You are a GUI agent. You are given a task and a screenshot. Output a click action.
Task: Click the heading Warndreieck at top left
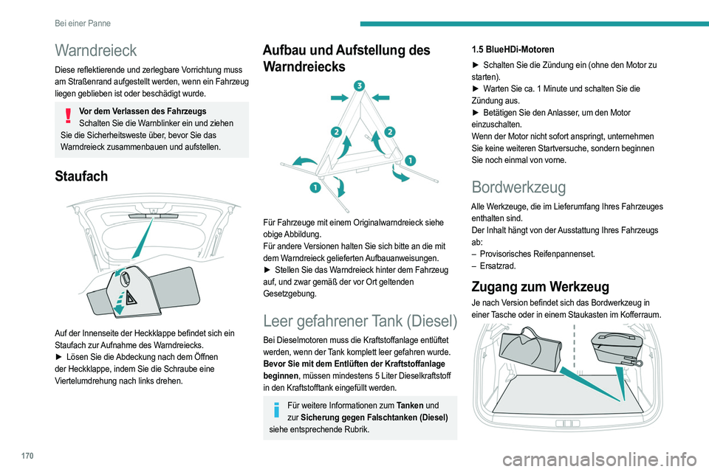(x=95, y=51)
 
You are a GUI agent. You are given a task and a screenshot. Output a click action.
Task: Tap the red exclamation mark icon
(x=68, y=116)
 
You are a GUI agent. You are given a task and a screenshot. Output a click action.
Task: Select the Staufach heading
(x=81, y=176)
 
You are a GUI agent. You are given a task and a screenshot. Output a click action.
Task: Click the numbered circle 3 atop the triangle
(x=359, y=86)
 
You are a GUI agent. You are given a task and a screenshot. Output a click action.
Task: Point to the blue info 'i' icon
(x=276, y=409)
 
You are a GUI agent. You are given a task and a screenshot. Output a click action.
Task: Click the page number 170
(x=27, y=456)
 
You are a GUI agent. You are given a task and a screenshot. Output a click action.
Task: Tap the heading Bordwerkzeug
(x=518, y=187)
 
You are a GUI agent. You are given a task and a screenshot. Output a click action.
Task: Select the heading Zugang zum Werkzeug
(x=540, y=287)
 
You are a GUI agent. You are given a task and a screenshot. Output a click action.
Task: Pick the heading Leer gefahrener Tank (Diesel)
(x=360, y=321)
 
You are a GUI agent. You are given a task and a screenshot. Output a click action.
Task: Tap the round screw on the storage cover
(x=126, y=276)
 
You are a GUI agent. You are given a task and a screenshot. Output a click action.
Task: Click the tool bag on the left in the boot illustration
(x=530, y=349)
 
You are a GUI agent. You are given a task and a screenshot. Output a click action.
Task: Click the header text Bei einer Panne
(x=83, y=23)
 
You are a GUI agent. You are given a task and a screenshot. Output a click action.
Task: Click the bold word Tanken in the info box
(x=410, y=405)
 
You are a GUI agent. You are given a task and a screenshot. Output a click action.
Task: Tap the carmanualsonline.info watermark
(x=600, y=459)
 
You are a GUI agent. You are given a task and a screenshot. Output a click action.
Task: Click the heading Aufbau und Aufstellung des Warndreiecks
(x=346, y=58)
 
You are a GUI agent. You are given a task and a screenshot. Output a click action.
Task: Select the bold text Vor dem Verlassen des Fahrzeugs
(x=143, y=111)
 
